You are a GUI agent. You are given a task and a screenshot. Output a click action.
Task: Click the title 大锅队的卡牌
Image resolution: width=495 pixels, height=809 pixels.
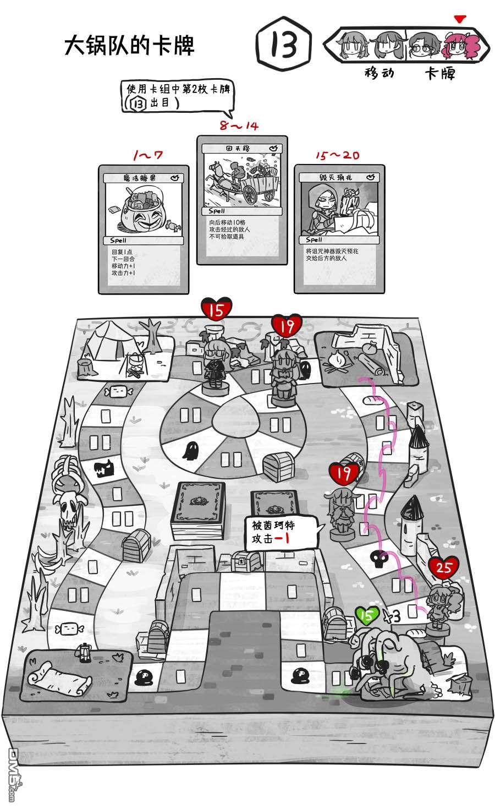tap(130, 46)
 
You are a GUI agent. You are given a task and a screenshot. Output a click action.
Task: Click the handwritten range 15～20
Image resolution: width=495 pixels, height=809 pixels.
tap(337, 155)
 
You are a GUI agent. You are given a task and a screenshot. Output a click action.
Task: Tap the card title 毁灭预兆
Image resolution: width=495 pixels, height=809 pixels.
tap(334, 177)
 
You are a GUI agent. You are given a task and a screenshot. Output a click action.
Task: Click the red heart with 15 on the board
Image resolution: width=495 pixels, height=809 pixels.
tap(217, 309)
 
